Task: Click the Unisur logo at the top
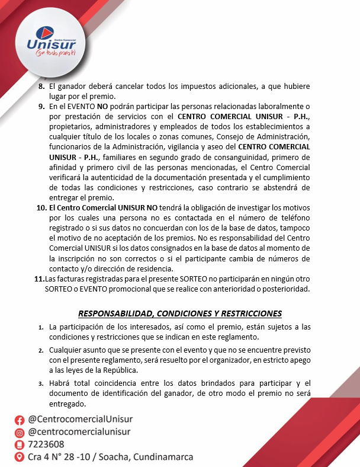click(x=52, y=41)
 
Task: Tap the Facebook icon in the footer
click(x=20, y=420)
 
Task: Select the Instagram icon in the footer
click(x=20, y=432)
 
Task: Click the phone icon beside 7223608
click(x=20, y=444)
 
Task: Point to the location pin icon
click(x=20, y=458)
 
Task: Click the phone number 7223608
click(x=46, y=444)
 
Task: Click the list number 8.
click(x=41, y=87)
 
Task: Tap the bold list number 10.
click(x=41, y=208)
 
